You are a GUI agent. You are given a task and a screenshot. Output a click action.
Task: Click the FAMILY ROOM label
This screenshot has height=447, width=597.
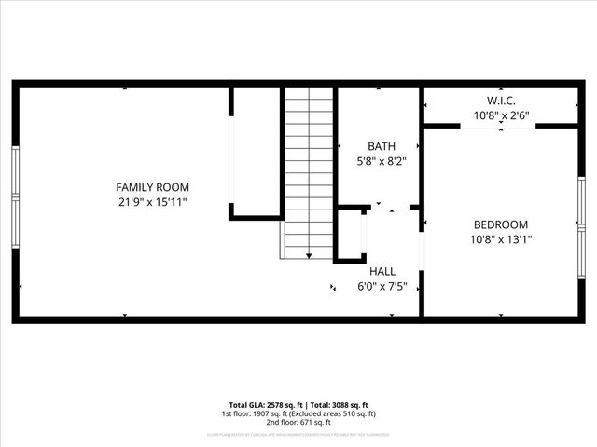click(152, 187)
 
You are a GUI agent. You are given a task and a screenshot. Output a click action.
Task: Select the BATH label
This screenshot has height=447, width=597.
click(381, 146)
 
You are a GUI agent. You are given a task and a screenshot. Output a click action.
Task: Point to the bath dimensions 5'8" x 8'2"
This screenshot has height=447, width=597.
click(381, 160)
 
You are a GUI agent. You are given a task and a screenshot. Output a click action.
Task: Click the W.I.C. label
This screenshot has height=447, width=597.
click(501, 101)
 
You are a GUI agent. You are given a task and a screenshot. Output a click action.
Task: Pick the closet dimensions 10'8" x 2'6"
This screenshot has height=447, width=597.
click(501, 115)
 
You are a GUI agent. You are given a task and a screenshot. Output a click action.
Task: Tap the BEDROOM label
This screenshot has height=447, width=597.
click(501, 224)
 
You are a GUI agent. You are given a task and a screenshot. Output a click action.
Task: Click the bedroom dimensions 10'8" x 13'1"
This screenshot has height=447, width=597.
click(501, 239)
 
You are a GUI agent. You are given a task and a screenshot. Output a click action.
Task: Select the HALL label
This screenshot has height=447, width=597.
click(382, 271)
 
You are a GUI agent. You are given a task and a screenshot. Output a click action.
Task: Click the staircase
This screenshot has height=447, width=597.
click(309, 172)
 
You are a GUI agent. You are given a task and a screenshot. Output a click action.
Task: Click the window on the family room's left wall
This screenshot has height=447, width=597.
click(15, 195)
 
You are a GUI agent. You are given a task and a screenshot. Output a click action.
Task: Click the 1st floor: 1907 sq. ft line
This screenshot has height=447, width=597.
click(298, 413)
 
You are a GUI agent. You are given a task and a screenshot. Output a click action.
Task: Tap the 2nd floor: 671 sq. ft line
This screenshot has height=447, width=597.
click(298, 422)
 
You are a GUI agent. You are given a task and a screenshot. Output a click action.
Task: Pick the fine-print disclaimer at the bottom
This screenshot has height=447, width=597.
click(298, 435)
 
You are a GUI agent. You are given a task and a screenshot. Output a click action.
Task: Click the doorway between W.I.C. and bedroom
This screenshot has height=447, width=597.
click(502, 126)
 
